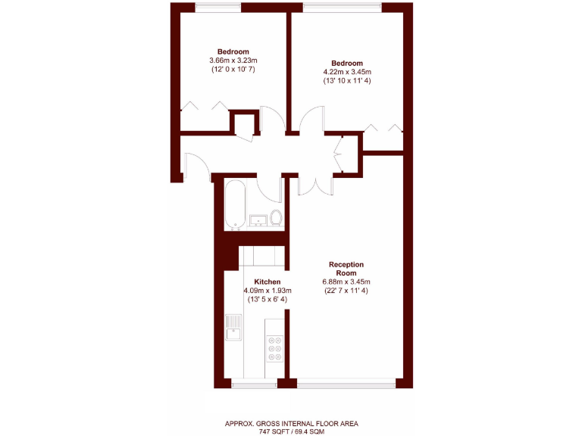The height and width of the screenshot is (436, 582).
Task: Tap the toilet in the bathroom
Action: [276, 220]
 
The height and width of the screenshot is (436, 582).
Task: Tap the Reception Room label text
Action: [346, 268]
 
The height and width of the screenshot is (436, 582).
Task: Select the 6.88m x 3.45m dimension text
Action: [346, 282]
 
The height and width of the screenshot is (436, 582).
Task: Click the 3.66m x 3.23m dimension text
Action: [233, 61]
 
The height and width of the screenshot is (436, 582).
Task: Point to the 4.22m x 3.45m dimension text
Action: [346, 72]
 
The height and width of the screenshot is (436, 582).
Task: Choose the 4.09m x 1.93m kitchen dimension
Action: [267, 291]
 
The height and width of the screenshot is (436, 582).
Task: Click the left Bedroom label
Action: [233, 51]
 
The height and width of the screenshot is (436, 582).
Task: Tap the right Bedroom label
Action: [346, 63]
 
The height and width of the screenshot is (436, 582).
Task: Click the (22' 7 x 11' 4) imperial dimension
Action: [346, 291]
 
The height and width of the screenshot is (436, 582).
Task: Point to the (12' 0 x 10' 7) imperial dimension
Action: [233, 70]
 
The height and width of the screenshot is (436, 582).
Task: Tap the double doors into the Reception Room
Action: [311, 185]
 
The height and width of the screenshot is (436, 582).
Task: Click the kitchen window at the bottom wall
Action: [254, 385]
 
